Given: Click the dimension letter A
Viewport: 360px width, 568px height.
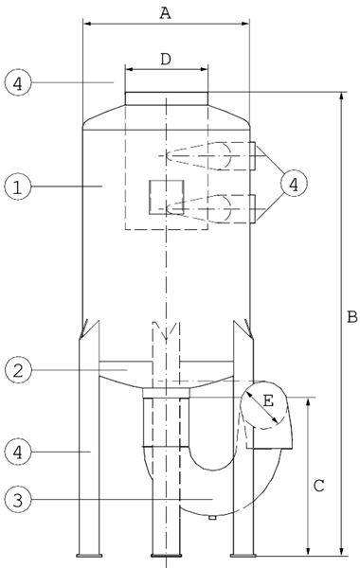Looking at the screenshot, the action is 166,13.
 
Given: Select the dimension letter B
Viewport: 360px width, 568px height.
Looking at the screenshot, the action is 352,316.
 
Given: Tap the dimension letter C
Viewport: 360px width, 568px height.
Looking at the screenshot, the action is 318,486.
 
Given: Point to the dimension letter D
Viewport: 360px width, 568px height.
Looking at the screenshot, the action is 166,59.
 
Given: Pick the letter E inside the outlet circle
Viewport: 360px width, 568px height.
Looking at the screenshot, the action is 268,401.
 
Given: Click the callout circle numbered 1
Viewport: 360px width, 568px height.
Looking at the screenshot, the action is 18,186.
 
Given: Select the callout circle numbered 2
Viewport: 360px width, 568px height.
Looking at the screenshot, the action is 18,370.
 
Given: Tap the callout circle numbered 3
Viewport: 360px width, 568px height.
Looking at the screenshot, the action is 18,500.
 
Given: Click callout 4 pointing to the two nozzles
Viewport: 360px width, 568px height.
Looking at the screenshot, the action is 294,184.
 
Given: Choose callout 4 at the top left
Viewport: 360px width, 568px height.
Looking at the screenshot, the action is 18,82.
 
